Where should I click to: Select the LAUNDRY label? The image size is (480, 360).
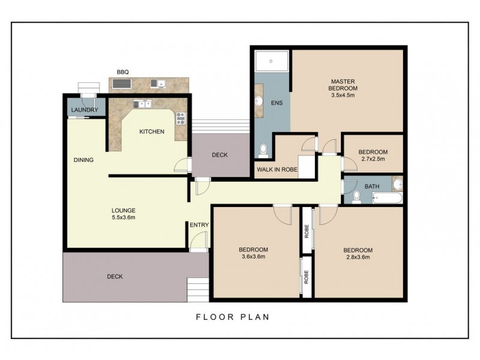tap(84, 111)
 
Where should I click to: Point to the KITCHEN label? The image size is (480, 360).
tap(152, 131)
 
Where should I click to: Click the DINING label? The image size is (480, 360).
tap(83, 160)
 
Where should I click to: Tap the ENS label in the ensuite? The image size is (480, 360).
tap(276, 103)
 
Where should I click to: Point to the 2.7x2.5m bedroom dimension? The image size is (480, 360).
tap(373, 160)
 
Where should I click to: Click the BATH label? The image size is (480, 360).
tap(372, 187)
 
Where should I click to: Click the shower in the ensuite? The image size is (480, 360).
tap(271, 62)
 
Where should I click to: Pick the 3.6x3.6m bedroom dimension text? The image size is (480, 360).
tap(253, 257)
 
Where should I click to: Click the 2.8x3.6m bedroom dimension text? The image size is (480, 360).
tap(358, 257)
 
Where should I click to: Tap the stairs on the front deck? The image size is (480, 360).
tap(197, 290)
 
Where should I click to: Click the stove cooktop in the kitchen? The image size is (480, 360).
tap(179, 118)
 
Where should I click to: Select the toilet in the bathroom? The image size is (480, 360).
tap(356, 196)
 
